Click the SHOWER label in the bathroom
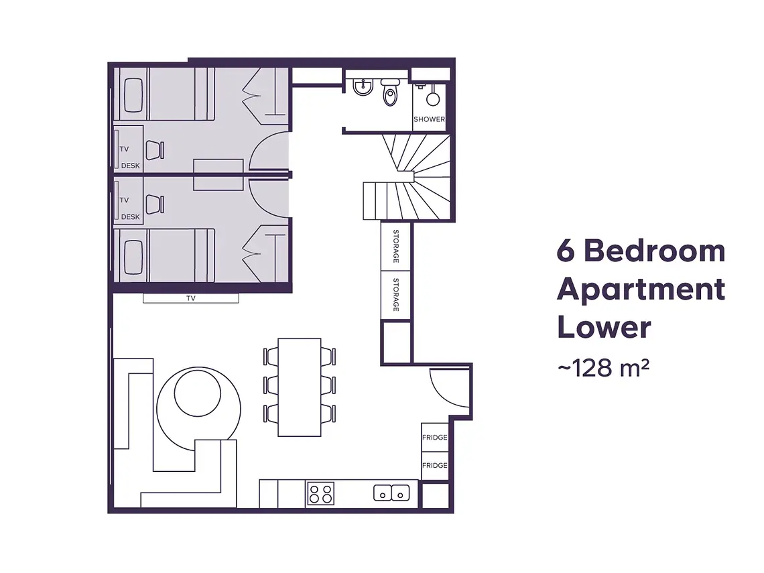point(429,119)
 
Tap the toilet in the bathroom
point(390,93)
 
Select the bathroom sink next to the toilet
point(363,87)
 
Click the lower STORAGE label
point(396,294)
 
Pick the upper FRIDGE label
point(434,438)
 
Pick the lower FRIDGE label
point(434,465)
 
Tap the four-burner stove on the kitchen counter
point(320,494)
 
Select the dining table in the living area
point(300,387)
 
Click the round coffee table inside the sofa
point(197,392)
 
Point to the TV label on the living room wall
point(191,299)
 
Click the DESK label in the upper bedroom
point(131,166)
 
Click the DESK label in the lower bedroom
point(131,216)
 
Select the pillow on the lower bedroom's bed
point(133,255)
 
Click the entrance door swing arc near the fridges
point(445,389)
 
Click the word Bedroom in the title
point(654,251)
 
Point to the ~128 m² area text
point(602,367)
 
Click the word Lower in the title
point(603,328)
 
